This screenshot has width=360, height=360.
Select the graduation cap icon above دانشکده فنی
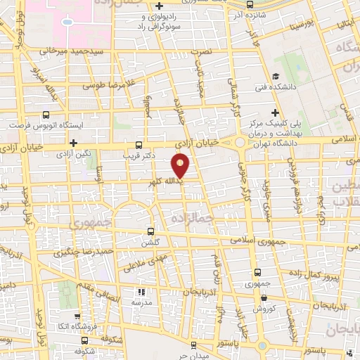coord(276,76)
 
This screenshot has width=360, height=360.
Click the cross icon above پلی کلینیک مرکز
coord(276,112)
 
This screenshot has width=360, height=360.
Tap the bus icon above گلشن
coord(150,231)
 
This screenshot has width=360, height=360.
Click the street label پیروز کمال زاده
coord(316,272)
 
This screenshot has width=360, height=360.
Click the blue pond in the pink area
coord(67,21)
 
